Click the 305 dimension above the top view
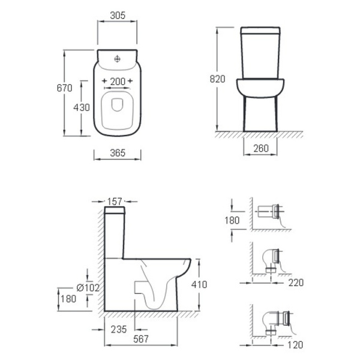tap(118, 16)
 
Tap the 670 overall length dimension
tap(64, 88)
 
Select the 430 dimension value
tap(82, 107)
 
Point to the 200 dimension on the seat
tap(118, 82)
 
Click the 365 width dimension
tap(118, 153)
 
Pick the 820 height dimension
tap(217, 79)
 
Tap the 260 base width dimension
tap(261, 149)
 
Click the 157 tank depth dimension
tap(115, 202)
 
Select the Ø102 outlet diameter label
tap(88, 287)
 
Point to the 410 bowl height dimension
tap(199, 284)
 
